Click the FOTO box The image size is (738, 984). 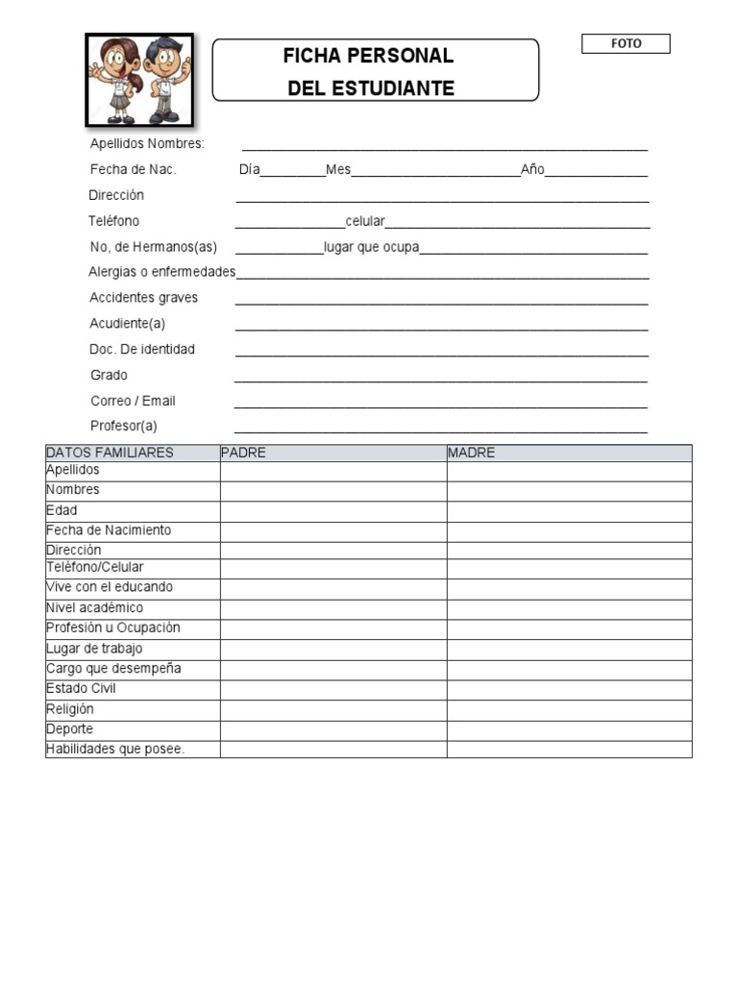tap(626, 44)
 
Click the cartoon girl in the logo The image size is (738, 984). tap(118, 80)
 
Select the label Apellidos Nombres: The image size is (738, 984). tap(147, 144)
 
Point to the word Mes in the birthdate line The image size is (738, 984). tap(338, 170)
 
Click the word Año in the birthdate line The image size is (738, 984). tap(532, 170)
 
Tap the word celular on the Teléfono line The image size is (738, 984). tap(365, 221)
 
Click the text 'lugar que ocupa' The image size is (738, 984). tap(372, 247)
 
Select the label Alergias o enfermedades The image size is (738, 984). tap(161, 272)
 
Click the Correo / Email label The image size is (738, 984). tap(133, 401)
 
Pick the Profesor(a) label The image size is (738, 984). tap(123, 426)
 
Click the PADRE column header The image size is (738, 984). tap(244, 453)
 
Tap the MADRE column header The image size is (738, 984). tap(472, 453)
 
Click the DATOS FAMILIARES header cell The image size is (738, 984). tap(111, 453)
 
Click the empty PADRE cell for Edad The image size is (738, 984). tap(332, 511)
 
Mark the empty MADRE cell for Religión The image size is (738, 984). tap(569, 710)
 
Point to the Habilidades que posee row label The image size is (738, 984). tap(115, 750)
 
